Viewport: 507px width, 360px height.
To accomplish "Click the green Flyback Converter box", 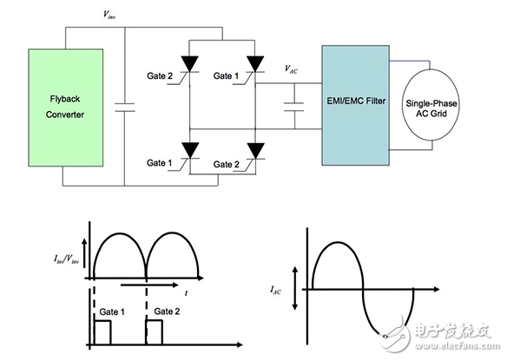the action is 66,108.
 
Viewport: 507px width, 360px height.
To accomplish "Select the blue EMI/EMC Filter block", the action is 355,105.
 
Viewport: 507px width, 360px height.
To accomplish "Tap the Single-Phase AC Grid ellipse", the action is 431,105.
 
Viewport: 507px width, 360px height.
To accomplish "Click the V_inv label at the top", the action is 109,15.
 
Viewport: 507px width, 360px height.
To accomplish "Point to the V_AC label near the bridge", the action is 291,69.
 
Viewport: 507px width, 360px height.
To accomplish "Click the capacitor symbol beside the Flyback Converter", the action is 125,108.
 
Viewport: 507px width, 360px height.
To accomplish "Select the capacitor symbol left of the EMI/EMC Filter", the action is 294,107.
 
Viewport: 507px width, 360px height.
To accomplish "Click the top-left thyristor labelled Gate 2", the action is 189,64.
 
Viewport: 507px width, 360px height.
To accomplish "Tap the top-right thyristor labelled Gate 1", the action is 255,64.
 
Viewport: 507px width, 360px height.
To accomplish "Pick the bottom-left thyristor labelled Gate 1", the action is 190,151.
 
